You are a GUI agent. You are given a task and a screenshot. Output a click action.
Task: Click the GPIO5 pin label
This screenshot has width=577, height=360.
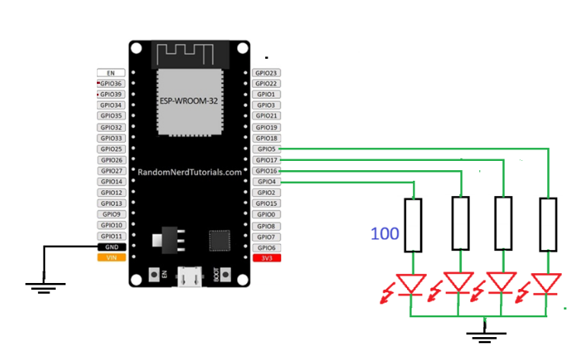click(266, 149)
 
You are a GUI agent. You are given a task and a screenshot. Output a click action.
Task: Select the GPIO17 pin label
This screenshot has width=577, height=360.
click(266, 160)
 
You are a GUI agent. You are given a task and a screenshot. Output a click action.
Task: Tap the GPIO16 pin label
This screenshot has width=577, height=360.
click(266, 171)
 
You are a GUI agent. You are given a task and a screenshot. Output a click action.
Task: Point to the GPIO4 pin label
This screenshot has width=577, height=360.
click(266, 182)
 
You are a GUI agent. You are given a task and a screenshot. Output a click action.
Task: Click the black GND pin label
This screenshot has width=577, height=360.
click(111, 247)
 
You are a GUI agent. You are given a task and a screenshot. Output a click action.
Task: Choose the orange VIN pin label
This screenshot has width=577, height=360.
click(111, 258)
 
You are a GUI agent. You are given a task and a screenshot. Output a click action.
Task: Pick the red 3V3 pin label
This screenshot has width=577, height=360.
click(267, 258)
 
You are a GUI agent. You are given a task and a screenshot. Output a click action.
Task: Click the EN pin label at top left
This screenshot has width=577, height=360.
click(111, 73)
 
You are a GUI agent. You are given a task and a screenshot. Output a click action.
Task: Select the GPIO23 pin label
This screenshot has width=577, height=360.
click(266, 73)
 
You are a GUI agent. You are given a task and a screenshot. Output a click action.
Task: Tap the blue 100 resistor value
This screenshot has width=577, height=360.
click(385, 233)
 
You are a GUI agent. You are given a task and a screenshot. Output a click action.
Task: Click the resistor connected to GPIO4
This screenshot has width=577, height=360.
click(413, 225)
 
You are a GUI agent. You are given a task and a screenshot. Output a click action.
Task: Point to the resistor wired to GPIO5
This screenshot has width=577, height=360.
click(548, 224)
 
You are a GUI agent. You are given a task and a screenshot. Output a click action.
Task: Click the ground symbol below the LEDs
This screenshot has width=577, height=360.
click(486, 335)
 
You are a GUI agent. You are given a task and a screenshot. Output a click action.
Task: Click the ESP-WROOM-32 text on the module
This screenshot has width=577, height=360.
click(189, 101)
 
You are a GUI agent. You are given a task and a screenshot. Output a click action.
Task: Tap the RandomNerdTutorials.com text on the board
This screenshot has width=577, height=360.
click(190, 172)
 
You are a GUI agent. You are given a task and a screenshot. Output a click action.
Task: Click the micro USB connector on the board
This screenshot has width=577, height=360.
click(190, 276)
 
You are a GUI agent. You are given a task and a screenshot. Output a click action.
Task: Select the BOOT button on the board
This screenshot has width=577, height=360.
click(225, 275)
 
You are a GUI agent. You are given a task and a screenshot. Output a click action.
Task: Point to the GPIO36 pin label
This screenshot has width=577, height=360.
click(111, 84)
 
